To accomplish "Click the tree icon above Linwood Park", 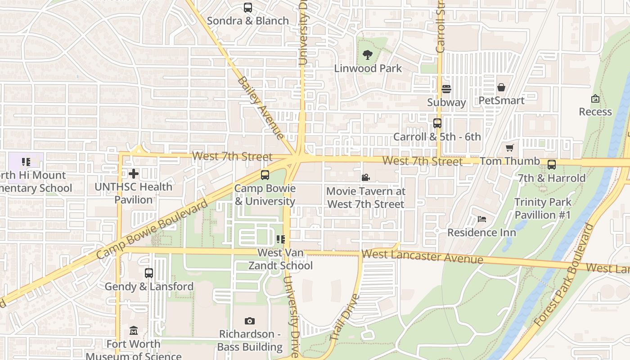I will [x=368, y=55].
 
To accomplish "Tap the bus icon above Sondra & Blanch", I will [x=248, y=7].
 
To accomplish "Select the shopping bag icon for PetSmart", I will [x=501, y=87].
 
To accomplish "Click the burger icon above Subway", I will [x=446, y=89].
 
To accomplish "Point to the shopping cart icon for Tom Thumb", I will [x=510, y=148].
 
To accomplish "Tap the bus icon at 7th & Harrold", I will [x=552, y=165].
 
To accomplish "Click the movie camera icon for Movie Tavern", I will [x=365, y=178].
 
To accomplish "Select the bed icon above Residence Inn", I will [x=482, y=219].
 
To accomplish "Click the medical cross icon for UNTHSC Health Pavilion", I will [x=134, y=173].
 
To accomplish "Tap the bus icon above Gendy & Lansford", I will [x=149, y=273].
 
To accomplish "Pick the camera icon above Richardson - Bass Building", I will [x=250, y=321].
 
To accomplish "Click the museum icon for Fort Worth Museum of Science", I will [x=134, y=331].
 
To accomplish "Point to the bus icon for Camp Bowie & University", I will [x=265, y=175].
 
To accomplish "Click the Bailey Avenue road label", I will [x=261, y=108].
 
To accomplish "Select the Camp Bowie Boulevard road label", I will [x=153, y=229].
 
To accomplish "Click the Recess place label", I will [x=595, y=112].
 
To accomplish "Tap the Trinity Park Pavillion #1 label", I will [x=543, y=208].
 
